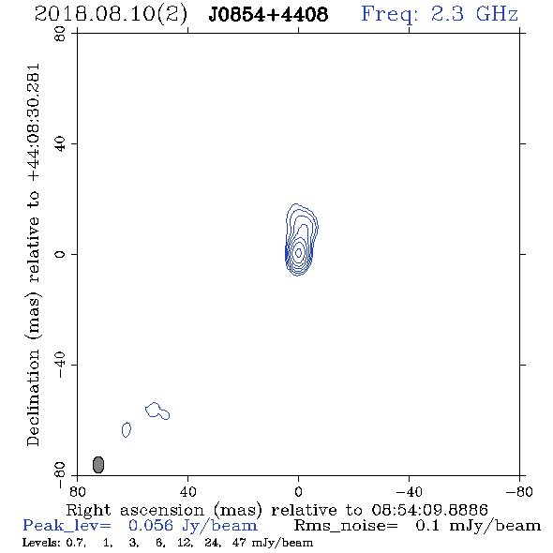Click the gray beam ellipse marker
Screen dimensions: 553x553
98,465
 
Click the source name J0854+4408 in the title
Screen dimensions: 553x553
268,14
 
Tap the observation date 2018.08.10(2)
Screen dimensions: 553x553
111,14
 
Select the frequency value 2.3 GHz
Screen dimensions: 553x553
474,14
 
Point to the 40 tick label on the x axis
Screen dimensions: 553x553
187,492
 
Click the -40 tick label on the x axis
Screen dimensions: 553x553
409,492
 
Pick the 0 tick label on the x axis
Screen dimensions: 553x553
298,492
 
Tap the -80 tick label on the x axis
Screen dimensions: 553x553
519,492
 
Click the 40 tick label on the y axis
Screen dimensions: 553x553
60,144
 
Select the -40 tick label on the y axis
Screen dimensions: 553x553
60,365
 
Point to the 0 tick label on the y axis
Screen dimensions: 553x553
60,254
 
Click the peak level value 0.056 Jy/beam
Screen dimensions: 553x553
192,526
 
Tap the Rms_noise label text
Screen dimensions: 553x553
346,526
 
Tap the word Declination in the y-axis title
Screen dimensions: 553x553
33,398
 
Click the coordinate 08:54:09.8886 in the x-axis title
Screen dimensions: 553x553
429,510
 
